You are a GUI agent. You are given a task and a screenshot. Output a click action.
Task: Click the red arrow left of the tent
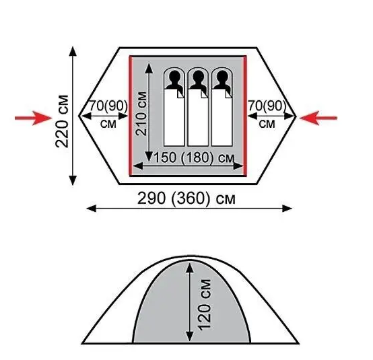33,118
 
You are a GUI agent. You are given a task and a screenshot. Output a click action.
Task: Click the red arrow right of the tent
318,118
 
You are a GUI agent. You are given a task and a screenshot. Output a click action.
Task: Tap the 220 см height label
62,121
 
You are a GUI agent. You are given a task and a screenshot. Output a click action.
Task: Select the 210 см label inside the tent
141,114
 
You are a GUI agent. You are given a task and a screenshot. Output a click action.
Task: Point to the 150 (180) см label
195,157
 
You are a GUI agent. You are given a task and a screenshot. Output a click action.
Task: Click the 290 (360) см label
186,198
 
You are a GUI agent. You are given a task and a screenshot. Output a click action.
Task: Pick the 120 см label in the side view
204,305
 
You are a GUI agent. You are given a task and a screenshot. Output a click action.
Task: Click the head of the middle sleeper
198,77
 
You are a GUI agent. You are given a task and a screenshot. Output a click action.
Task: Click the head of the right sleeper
222,77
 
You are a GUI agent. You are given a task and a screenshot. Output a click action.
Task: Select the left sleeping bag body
174,118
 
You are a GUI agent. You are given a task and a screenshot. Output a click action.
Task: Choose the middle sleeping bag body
198,118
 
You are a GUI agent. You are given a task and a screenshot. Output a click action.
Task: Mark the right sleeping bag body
222,118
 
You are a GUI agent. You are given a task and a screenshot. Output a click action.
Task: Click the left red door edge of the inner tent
131,116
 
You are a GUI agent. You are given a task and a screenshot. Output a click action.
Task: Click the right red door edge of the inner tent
245,116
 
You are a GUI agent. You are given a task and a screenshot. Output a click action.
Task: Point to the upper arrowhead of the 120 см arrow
190,268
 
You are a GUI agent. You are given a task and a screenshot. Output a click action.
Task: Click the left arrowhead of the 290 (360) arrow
92,209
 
